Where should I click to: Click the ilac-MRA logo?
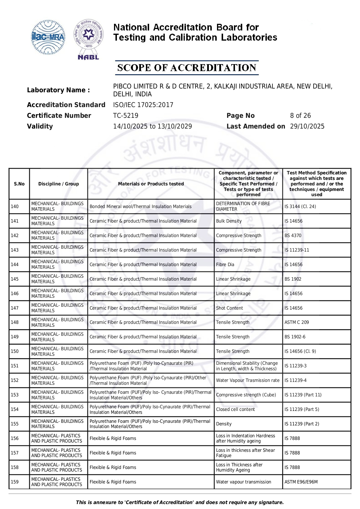pyautogui.click(x=48, y=37)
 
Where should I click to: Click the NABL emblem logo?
pyautogui.click(x=88, y=39)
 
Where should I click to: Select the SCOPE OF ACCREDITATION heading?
pyautogui.click(x=187, y=68)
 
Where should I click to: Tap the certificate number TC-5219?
pyautogui.click(x=126, y=115)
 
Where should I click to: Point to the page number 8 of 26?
pyautogui.click(x=300, y=115)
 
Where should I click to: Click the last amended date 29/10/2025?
pyautogui.click(x=307, y=126)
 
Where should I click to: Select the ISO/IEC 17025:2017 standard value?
pyautogui.click(x=143, y=105)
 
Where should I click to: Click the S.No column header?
pyautogui.click(x=19, y=184)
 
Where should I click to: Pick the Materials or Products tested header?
pyautogui.click(x=151, y=184)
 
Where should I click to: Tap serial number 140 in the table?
pyautogui.click(x=15, y=206)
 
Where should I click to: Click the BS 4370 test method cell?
pyautogui.click(x=293, y=235)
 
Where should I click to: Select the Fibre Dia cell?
pyautogui.click(x=225, y=264)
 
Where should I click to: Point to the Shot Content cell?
pyautogui.click(x=229, y=308)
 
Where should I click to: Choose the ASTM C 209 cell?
pyautogui.click(x=297, y=322)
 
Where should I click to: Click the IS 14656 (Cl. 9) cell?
pyautogui.click(x=300, y=351)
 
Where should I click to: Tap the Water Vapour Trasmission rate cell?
pyautogui.click(x=248, y=380)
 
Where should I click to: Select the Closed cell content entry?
pyautogui.click(x=236, y=409)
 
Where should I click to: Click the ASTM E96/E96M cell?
pyautogui.click(x=301, y=482)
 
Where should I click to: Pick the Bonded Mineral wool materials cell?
pyautogui.click(x=140, y=206)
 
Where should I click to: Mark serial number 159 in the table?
pyautogui.click(x=15, y=482)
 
